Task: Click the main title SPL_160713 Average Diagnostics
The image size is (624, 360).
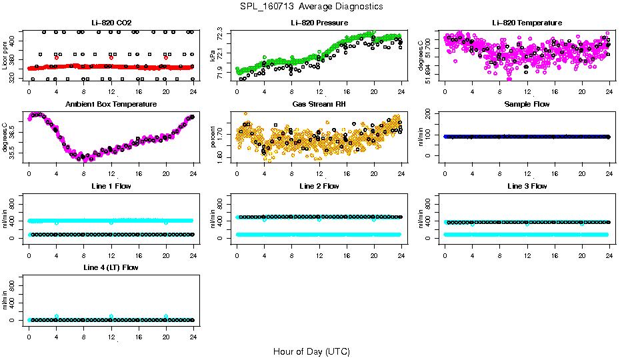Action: (x=312, y=6)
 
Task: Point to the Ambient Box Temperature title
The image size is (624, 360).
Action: (x=111, y=105)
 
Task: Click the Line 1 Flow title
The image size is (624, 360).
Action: (x=111, y=186)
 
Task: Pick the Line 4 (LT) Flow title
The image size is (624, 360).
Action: (x=111, y=267)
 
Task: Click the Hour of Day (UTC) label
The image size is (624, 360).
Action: (x=311, y=351)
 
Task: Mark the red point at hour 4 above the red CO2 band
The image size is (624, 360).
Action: (x=57, y=58)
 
